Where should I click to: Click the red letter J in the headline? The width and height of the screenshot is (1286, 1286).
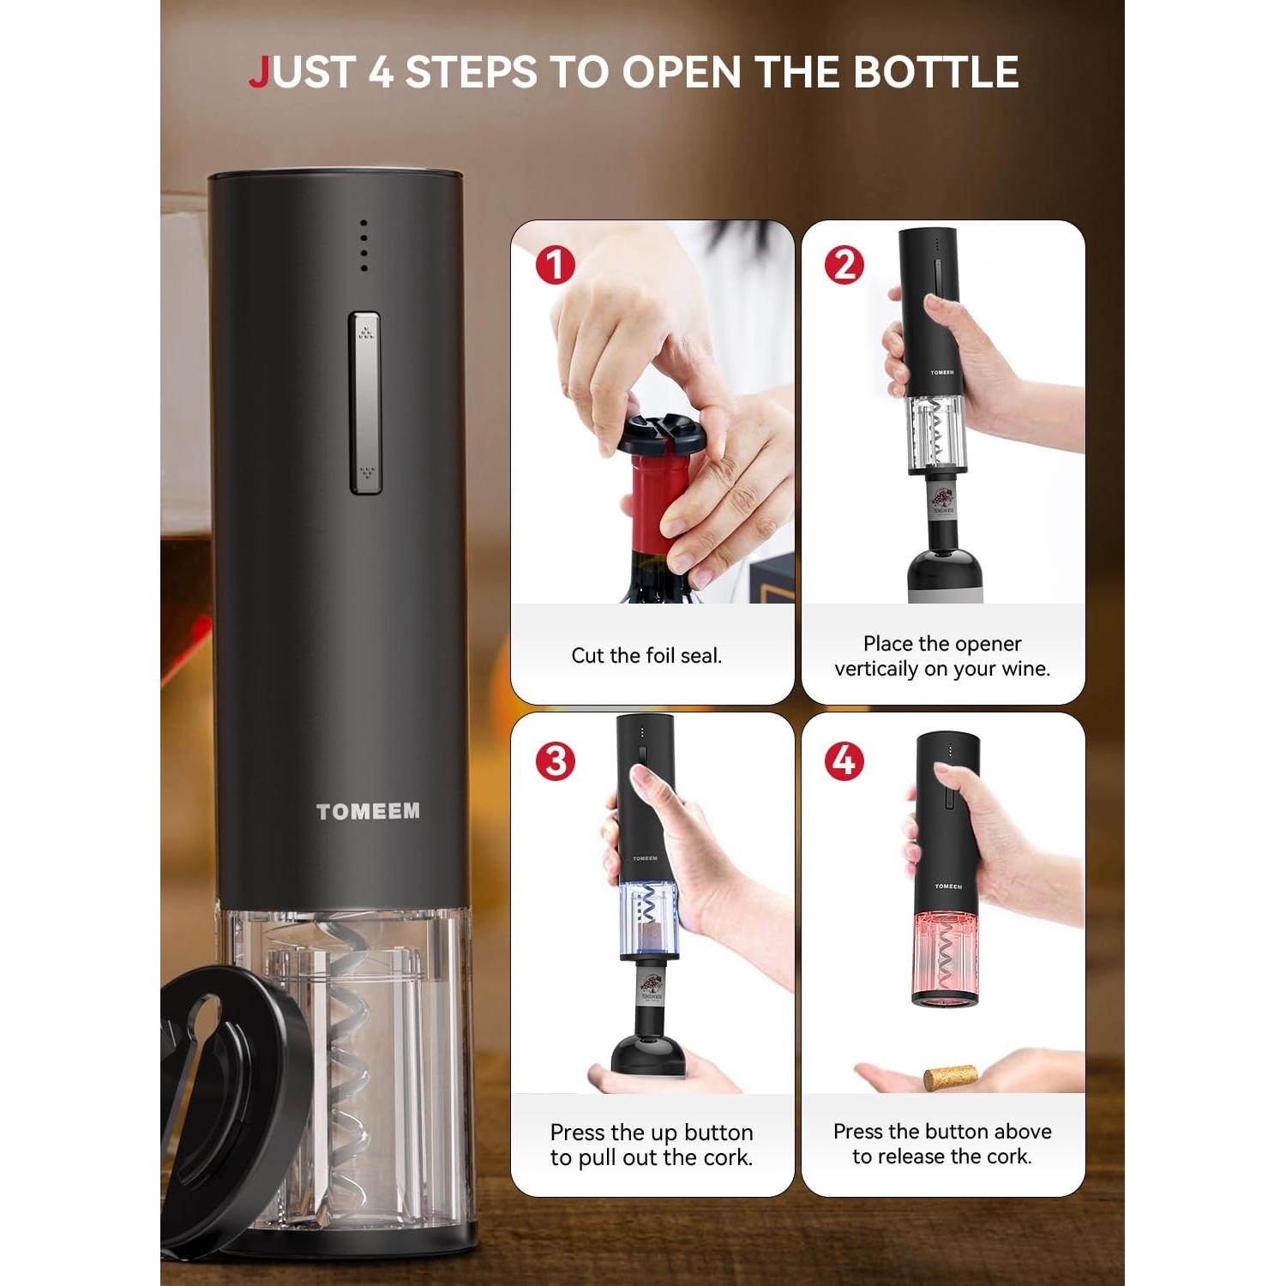coord(259,72)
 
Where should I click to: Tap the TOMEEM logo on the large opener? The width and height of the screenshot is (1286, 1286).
coord(368,811)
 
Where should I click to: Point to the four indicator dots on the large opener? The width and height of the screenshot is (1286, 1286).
coord(364,245)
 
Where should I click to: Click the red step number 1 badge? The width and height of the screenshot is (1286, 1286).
coord(555,265)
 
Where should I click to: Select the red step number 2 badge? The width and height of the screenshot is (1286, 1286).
coord(844,265)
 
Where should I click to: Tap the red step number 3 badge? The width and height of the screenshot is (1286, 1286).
coord(555,760)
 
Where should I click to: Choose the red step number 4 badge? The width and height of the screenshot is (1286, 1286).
coord(844,760)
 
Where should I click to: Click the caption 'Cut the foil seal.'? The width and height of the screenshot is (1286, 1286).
coord(646,656)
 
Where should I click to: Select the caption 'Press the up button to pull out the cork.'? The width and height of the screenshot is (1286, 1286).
coord(652,1145)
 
